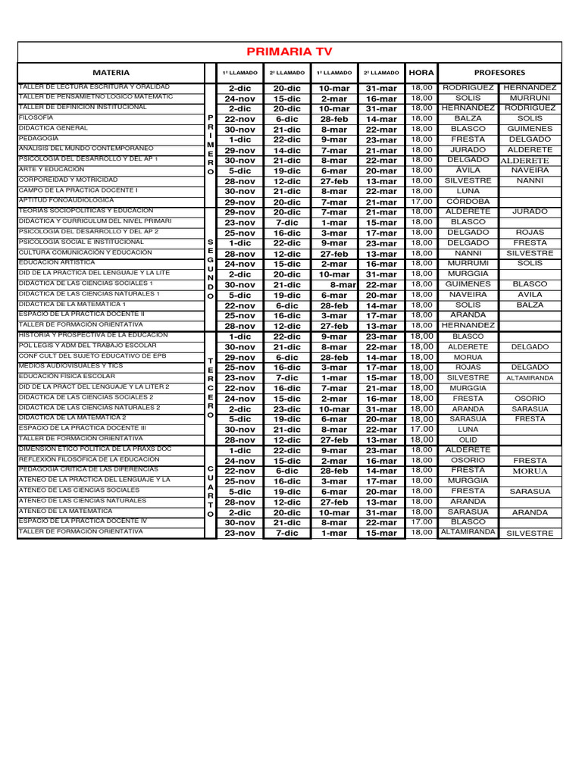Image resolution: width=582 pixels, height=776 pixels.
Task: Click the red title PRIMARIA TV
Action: (289, 52)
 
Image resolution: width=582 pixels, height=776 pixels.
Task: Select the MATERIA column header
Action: (111, 73)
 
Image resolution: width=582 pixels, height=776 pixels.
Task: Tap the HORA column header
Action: (421, 73)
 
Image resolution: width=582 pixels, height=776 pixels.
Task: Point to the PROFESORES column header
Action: (499, 73)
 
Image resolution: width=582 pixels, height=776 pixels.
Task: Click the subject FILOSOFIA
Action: (36, 118)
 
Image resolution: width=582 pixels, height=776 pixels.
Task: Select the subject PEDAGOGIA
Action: (38, 139)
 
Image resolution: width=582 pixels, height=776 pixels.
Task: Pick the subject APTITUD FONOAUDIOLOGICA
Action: (64, 200)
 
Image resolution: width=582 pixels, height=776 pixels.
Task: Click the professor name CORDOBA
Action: (468, 202)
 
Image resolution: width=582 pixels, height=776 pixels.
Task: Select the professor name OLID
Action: (468, 440)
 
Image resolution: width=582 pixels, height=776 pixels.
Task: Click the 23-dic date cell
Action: (287, 409)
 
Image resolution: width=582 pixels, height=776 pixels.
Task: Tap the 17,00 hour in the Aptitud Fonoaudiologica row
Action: (421, 202)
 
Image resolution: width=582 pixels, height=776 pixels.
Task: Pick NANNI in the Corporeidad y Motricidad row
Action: (530, 181)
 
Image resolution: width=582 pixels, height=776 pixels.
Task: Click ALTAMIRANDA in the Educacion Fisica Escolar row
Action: (530, 377)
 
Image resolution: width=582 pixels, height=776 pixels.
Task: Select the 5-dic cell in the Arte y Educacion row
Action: (239, 171)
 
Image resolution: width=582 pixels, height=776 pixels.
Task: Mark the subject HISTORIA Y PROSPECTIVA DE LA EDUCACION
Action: (93, 335)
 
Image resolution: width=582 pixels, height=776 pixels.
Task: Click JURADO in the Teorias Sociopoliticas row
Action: (530, 212)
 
